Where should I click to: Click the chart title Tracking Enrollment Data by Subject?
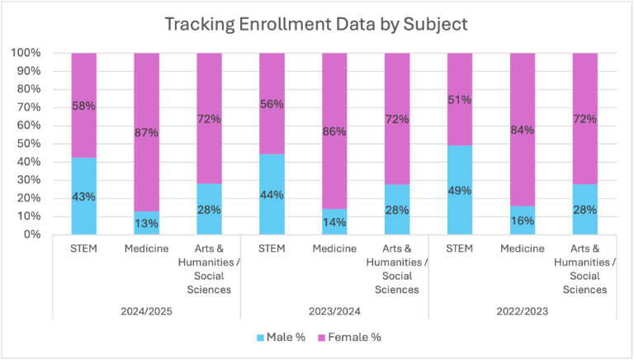(316, 24)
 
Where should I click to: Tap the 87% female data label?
(146, 132)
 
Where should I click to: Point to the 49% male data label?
(460, 190)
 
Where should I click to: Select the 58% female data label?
(83, 107)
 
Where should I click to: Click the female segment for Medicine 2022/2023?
(523, 99)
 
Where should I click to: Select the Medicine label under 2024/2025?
(146, 249)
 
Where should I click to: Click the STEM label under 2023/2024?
(272, 249)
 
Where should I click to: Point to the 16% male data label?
(523, 220)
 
